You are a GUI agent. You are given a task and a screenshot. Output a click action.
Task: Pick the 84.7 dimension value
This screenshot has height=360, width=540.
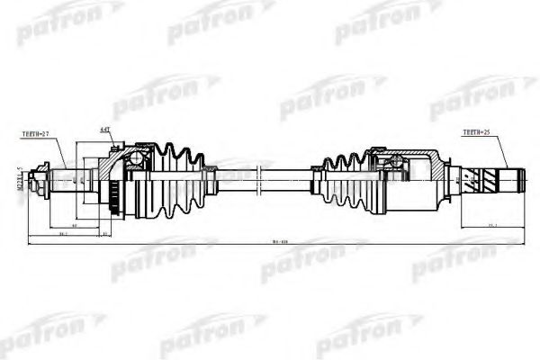point(63,232)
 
